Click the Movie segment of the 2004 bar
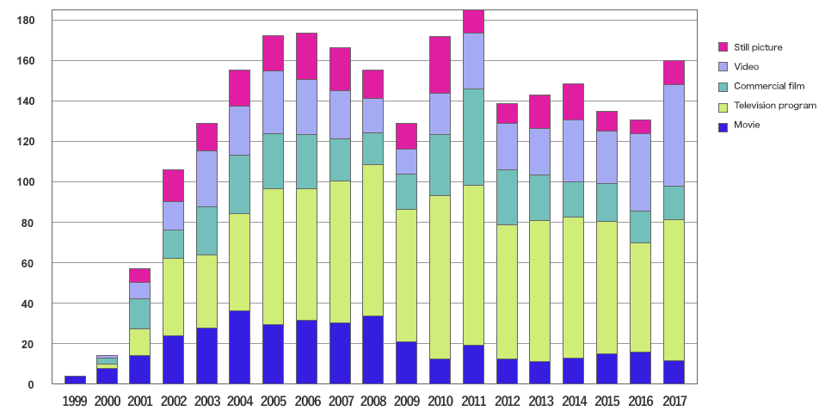[240, 347]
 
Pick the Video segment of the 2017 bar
[674, 135]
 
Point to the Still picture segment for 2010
[440, 64]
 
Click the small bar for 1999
[75, 380]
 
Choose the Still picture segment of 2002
[173, 185]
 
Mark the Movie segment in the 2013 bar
[539, 372]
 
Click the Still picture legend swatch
[723, 47]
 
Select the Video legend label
[746, 66]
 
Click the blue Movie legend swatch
[723, 125]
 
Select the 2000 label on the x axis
[108, 401]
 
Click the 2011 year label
[473, 401]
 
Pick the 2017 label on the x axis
[674, 401]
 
